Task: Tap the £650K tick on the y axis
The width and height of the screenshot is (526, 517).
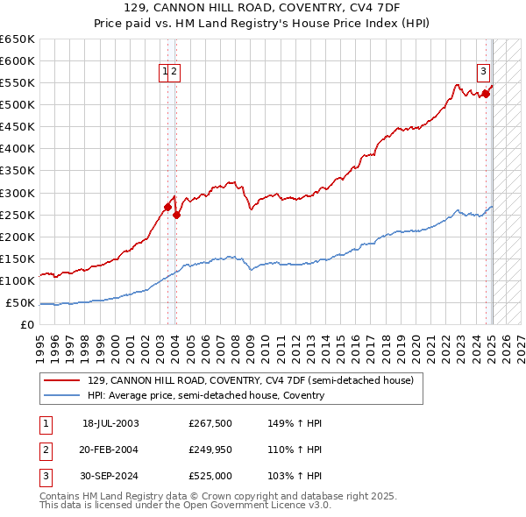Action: click(18, 39)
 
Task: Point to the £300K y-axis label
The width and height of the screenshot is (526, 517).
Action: click(18, 193)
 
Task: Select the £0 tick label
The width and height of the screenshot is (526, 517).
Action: click(28, 325)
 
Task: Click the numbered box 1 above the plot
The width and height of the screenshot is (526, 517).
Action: click(165, 73)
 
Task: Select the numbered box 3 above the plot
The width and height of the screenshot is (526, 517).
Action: click(483, 73)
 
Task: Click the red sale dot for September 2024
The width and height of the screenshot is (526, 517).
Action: click(486, 93)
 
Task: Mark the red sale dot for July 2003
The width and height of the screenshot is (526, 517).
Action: click(167, 207)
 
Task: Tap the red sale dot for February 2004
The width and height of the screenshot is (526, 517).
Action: click(176, 215)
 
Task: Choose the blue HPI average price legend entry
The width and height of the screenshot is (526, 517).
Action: click(206, 395)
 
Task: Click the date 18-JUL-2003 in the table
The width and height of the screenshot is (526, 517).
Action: click(110, 423)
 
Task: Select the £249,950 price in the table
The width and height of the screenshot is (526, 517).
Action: click(210, 450)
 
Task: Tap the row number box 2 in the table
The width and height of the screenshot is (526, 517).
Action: click(45, 450)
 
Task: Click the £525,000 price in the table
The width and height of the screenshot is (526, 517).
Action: click(210, 476)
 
